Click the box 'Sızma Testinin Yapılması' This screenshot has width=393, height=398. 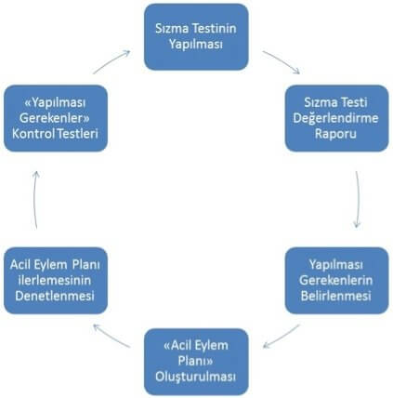[196, 36]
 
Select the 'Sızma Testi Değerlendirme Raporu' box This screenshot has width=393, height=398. [336, 118]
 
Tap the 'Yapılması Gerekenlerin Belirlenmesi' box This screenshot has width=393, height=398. [336, 280]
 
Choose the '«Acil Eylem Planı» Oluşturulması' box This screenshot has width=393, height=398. [196, 362]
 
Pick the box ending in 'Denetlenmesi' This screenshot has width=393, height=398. [56, 280]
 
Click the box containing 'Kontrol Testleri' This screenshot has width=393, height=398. [56, 118]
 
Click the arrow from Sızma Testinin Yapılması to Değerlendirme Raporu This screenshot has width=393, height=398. [282, 61]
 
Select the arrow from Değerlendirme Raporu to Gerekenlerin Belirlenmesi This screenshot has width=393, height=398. [359, 200]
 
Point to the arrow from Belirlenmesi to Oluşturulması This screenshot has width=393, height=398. [282, 337]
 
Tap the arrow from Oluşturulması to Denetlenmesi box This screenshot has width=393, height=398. [111, 336]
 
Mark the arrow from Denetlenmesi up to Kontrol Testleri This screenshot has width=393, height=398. [34, 200]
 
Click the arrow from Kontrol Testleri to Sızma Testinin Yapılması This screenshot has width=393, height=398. [111, 61]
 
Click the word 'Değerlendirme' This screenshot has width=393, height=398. [335, 118]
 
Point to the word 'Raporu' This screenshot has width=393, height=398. [335, 134]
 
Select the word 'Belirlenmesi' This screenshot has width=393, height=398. [335, 296]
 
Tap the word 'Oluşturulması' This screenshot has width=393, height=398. [196, 378]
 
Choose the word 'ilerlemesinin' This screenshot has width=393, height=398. [55, 280]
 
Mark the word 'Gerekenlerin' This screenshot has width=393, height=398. [335, 280]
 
